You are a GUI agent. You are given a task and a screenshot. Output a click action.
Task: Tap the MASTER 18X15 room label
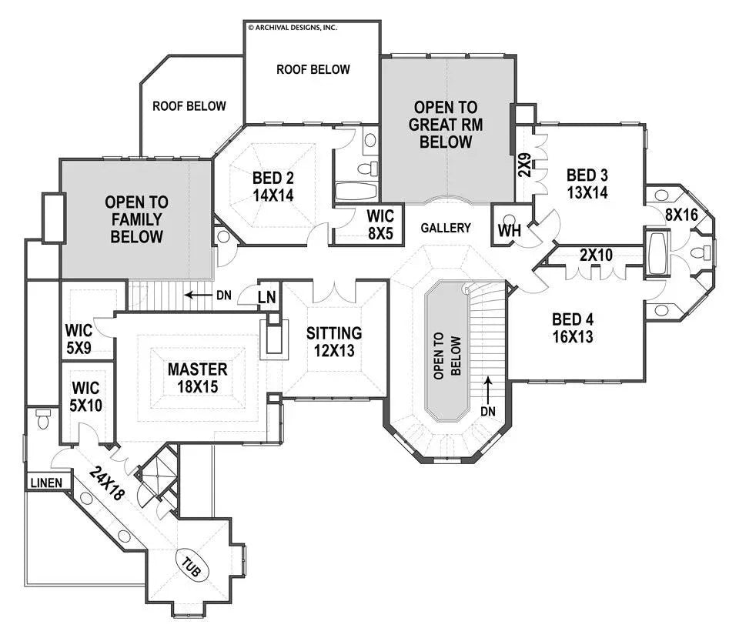point(198,377)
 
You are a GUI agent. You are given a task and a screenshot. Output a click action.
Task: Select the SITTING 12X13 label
point(334,342)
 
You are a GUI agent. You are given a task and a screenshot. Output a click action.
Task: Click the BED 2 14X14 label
point(273,187)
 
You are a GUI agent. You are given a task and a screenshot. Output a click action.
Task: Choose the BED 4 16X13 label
point(573,328)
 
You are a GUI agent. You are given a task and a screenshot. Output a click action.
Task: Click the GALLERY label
point(446,228)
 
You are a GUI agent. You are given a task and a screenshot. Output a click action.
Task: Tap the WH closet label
point(510,230)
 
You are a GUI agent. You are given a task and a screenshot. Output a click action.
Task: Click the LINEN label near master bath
point(46,483)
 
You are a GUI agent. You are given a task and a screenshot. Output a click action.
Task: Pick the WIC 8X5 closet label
point(380,225)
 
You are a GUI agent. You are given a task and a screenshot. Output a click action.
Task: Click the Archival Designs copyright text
point(292,27)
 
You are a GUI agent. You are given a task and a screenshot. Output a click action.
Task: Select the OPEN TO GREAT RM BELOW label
point(446,125)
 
